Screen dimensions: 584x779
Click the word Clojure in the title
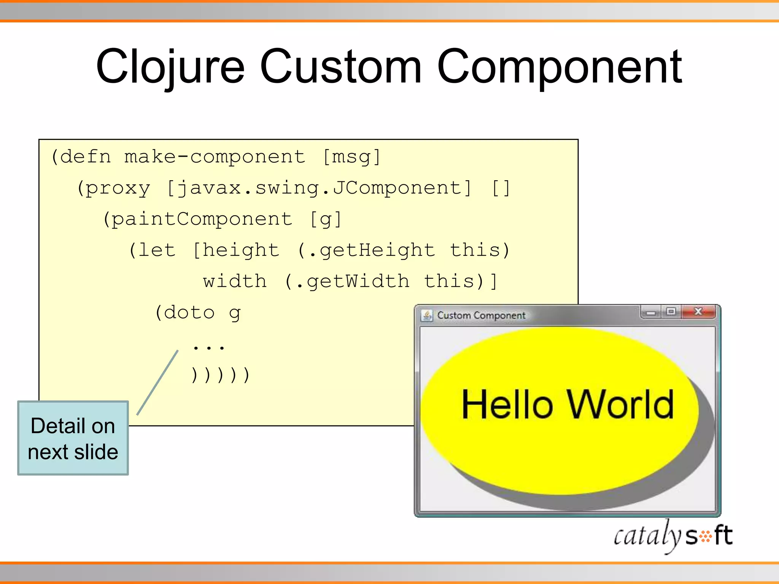170,67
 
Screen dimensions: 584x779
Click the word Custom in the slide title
341,67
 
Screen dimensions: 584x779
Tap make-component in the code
215,157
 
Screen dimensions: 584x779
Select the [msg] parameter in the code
351,157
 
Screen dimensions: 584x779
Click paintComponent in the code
202,219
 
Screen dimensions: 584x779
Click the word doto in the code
189,313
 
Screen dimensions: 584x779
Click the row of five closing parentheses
220,375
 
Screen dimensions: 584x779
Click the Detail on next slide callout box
73,438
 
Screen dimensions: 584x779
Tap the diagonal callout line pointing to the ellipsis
157,383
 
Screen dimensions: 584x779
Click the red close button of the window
698,312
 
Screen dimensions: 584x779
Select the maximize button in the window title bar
671,312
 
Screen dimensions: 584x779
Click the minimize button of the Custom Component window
651,313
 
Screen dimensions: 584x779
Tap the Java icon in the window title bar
427,316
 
